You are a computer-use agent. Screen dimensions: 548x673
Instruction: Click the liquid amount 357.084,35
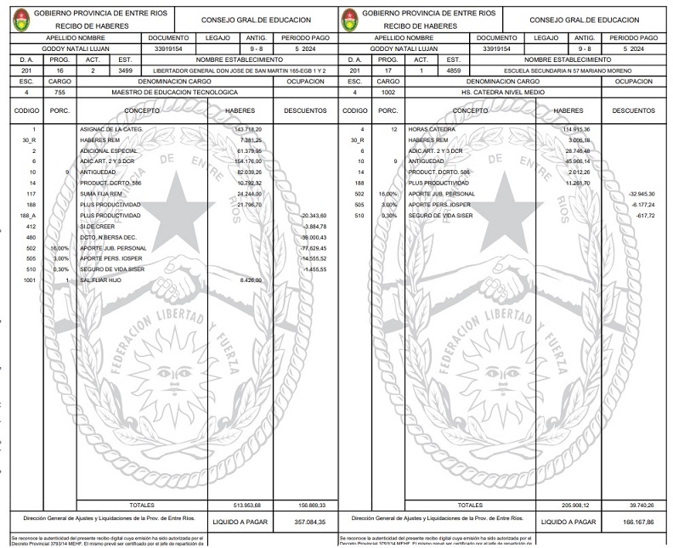point(308,522)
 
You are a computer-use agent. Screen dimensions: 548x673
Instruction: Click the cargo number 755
point(59,91)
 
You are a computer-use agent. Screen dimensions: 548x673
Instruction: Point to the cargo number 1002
point(388,91)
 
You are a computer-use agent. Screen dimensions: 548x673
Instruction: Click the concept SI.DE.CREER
point(96,226)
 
